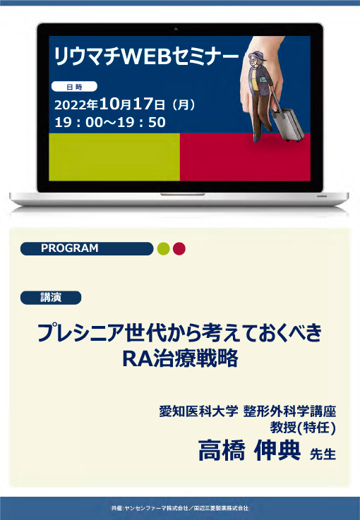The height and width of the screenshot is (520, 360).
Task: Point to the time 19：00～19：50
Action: (110, 122)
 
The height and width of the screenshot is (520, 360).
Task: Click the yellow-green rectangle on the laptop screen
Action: (114, 157)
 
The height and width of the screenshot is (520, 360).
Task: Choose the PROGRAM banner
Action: (87, 248)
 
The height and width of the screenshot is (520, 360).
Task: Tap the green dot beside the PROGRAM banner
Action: (163, 248)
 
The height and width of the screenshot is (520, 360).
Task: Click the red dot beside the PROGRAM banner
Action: (179, 248)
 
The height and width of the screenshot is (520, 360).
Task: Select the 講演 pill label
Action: (51, 297)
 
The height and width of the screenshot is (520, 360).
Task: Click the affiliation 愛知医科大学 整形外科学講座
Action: (247, 412)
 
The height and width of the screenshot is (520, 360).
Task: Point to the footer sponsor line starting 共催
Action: (180, 507)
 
